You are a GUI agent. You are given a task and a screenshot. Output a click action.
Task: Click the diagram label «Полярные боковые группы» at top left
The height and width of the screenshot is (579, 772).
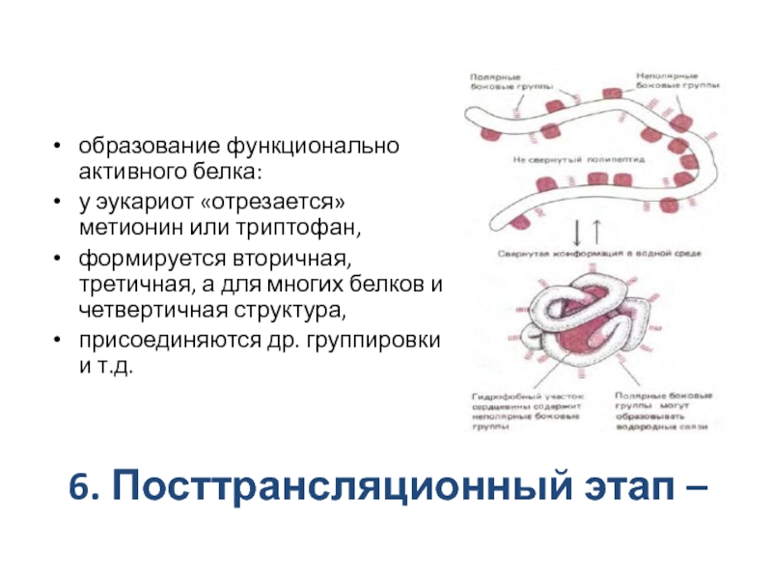(496, 80)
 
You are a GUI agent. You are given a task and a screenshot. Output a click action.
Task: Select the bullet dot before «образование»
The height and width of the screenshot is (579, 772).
(60, 148)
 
